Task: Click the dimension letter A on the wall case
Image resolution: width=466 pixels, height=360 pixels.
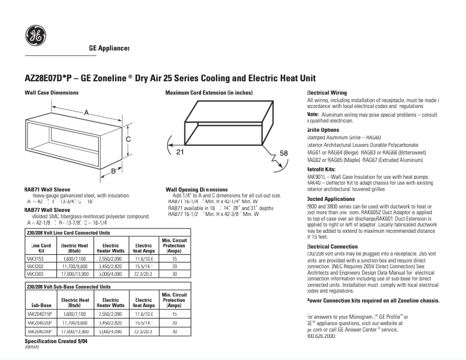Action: pyautogui.click(x=87, y=112)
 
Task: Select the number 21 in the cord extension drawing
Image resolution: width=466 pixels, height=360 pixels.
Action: pyautogui.click(x=180, y=152)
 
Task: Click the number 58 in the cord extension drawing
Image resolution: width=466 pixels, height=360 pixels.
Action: pyautogui.click(x=284, y=153)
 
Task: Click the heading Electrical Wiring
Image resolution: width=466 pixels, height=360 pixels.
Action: pyautogui.click(x=327, y=93)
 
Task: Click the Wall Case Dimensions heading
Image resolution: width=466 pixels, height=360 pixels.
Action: pyautogui.click(x=51, y=93)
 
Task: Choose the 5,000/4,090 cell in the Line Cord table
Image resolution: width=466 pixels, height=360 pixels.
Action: pyautogui.click(x=110, y=273)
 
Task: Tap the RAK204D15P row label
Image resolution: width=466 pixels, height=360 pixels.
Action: pyautogui.click(x=39, y=314)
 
